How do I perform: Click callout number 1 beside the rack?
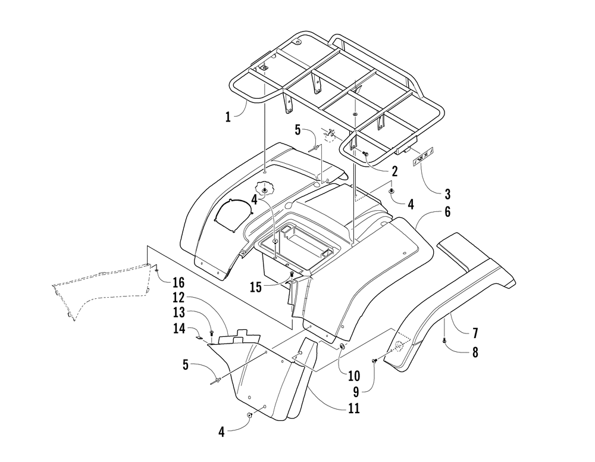tap(228, 117)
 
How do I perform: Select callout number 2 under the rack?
tap(394, 170)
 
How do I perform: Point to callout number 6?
tap(446, 211)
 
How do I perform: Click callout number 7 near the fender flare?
tap(474, 332)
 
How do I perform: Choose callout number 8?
tap(474, 352)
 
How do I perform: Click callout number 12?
tap(179, 296)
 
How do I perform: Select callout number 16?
tap(179, 281)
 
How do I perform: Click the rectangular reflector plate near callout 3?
tap(422, 157)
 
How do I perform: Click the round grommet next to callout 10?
tap(342, 346)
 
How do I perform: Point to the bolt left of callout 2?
tap(366, 154)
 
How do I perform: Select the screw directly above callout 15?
tap(292, 274)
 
